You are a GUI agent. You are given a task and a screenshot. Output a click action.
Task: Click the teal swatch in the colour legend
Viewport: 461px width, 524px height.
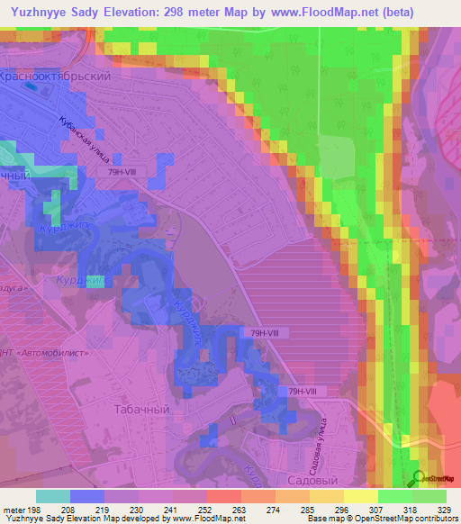53,496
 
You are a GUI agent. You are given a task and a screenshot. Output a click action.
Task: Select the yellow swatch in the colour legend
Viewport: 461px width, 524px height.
361,496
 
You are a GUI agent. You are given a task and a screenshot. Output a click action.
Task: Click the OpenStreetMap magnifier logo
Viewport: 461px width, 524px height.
420,478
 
